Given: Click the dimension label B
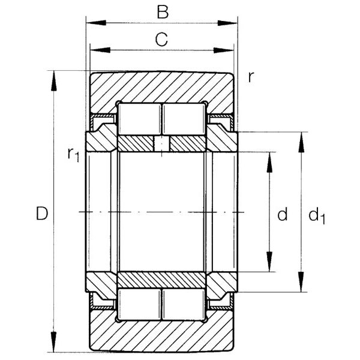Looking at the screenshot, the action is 163,12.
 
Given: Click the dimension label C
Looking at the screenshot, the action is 161,40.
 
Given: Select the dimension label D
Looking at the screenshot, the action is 42,214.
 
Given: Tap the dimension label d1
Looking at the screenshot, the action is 317,215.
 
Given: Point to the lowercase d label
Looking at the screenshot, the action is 283,214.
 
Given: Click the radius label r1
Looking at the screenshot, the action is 73,155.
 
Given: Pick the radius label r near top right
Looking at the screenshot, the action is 251,77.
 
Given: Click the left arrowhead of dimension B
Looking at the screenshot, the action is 96,23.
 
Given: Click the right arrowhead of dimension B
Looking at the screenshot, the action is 227,23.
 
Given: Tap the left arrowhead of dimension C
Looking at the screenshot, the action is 100,50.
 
